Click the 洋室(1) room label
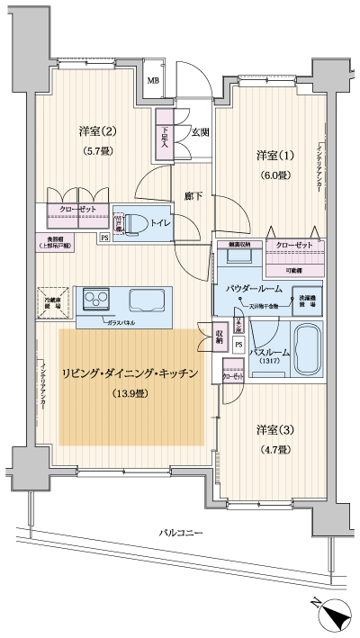tap(271, 156)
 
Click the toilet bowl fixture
tap(135, 221)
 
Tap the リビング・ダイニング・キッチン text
tap(130, 373)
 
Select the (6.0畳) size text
tap(271, 176)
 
